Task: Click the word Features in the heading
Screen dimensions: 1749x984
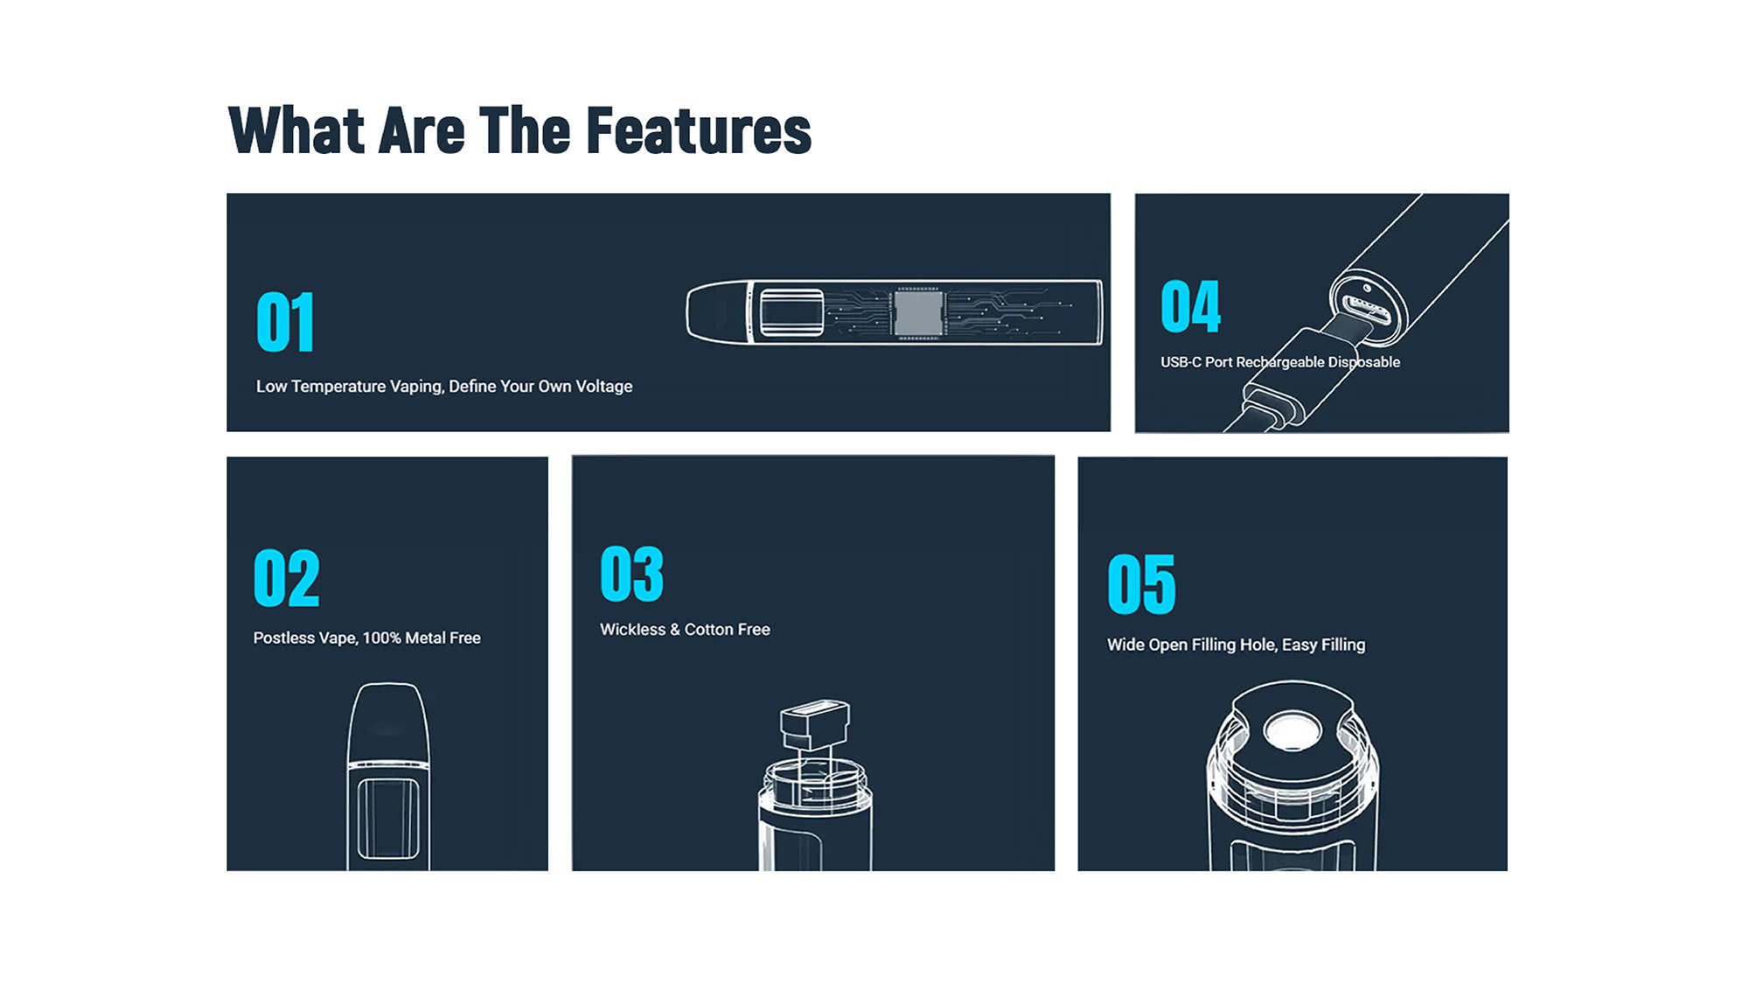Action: tap(699, 131)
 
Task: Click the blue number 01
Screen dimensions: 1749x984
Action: tap(285, 322)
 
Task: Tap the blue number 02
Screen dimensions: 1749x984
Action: tap(286, 578)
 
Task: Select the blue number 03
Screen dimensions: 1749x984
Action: tap(631, 574)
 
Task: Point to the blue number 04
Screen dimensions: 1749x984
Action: tap(1190, 307)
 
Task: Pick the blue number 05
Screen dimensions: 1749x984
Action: tap(1141, 583)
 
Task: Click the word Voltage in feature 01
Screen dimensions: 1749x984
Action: tap(603, 387)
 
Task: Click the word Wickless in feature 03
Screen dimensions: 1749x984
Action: tap(632, 629)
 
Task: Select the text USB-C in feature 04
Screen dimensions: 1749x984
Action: tap(1181, 362)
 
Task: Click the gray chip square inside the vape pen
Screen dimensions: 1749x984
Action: tap(917, 312)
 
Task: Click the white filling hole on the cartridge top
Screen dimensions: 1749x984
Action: tap(1292, 730)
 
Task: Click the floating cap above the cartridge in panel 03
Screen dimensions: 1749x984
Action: tap(814, 723)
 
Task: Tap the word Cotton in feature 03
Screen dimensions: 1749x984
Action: tap(708, 629)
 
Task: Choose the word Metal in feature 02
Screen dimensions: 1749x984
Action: tap(425, 638)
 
